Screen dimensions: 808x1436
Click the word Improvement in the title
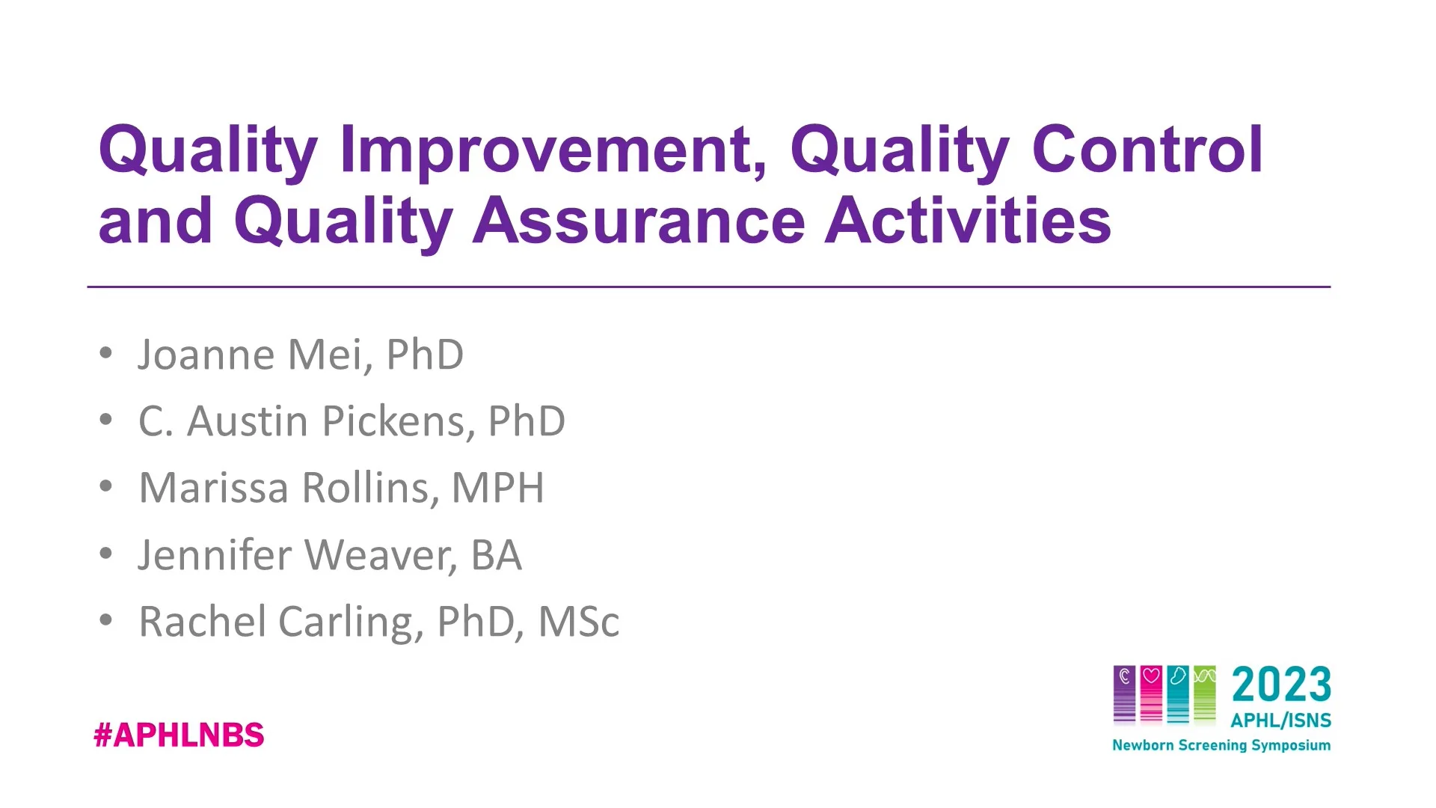pos(553,150)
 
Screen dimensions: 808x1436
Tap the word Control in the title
pos(1147,150)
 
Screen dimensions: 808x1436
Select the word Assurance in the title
pos(639,221)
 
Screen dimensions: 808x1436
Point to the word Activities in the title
pos(968,221)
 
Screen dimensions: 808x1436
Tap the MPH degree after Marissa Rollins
pos(498,488)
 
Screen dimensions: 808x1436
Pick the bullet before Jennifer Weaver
pos(106,554)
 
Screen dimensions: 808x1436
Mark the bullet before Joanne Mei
pos(106,353)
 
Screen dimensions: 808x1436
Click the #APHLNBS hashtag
pos(179,735)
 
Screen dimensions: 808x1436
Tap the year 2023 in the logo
pos(1281,685)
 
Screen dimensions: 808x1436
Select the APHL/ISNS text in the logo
pos(1280,720)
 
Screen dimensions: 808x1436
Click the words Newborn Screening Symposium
pos(1221,745)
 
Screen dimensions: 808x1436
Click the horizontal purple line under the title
pos(708,287)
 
